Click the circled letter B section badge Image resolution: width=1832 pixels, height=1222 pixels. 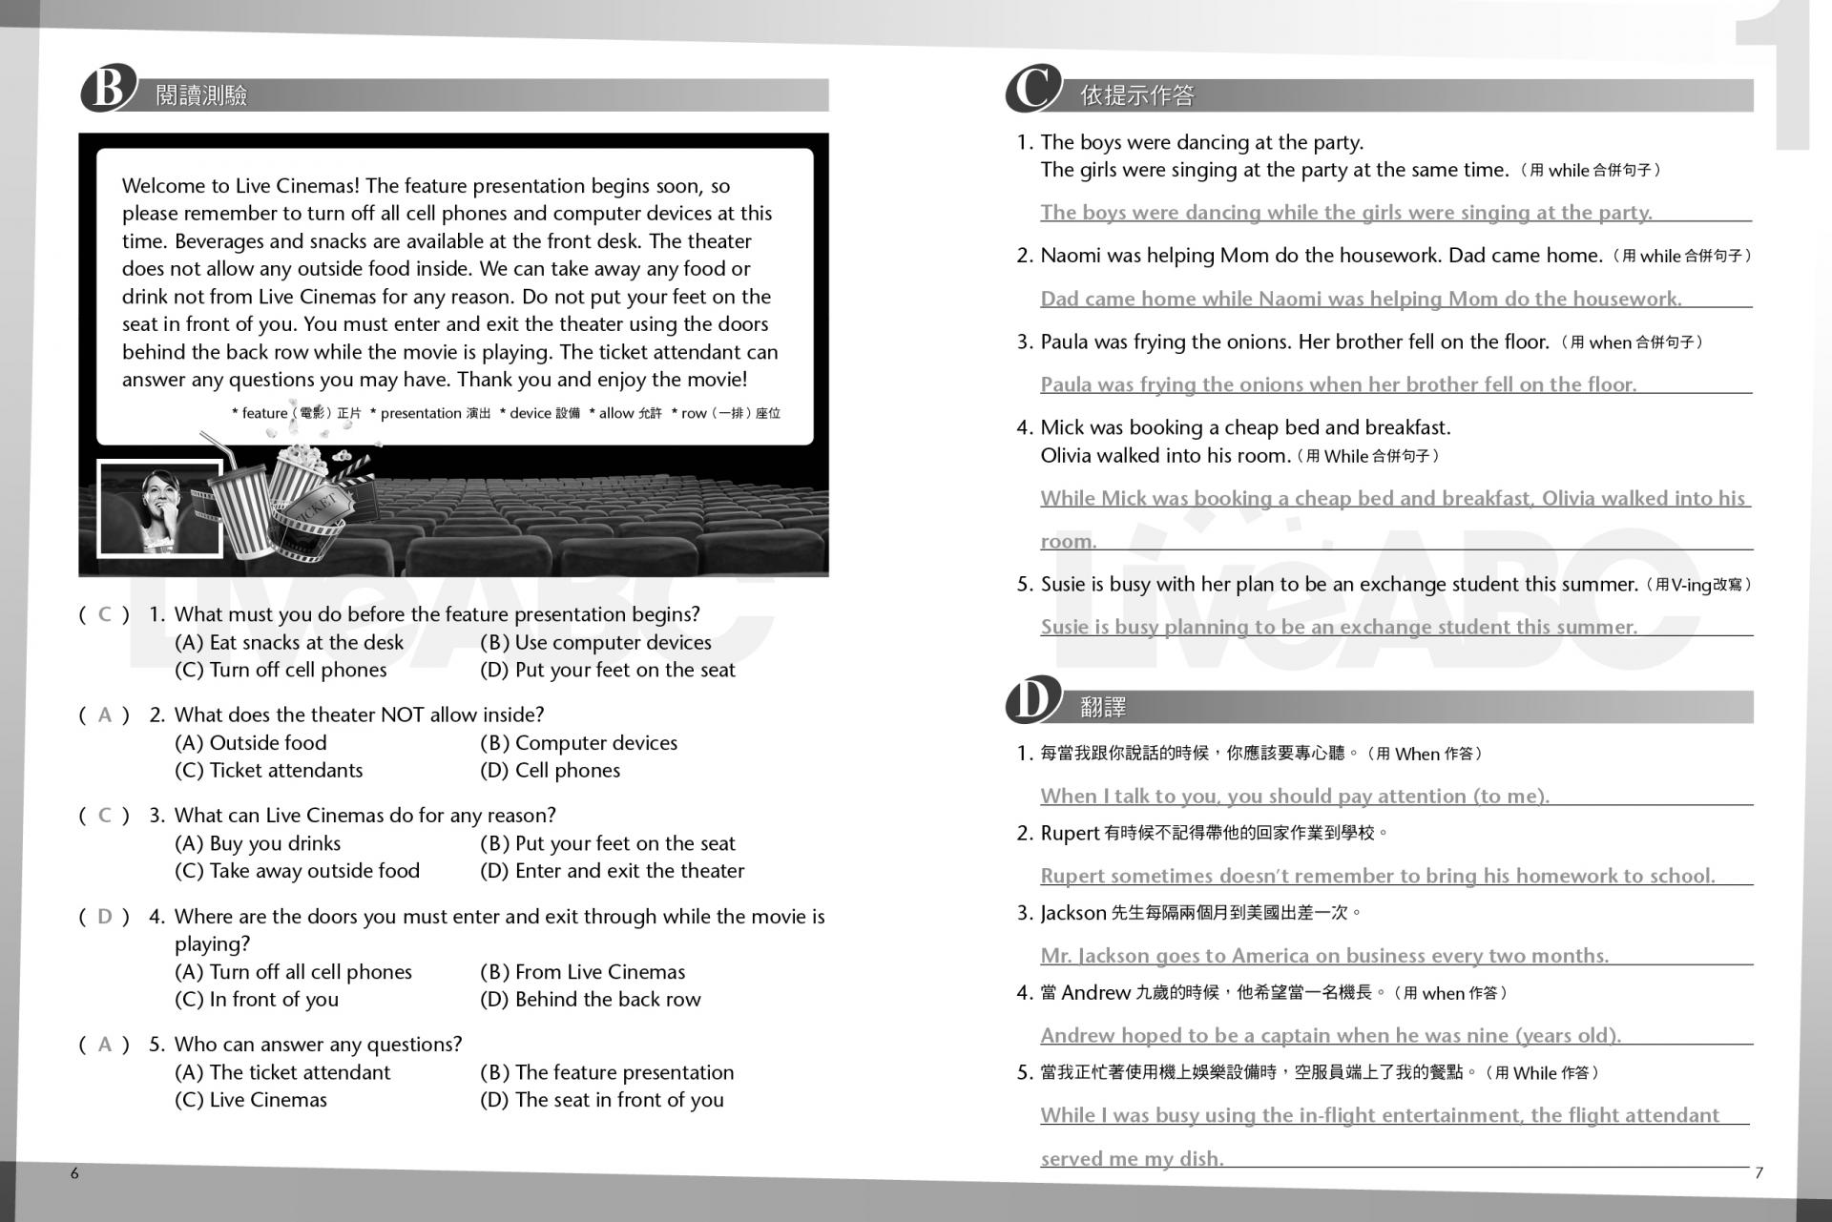pos(107,90)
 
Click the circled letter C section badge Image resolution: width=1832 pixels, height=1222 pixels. pos(1032,90)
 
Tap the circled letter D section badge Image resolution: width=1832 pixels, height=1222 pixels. pos(1032,701)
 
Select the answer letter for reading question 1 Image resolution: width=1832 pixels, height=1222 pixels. pos(105,614)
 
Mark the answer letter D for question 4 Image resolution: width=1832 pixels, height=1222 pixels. pos(105,917)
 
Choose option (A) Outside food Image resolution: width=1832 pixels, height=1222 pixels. pos(251,743)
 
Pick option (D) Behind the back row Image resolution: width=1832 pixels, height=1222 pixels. pos(590,1000)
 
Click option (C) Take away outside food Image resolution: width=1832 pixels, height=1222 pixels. pos(297,871)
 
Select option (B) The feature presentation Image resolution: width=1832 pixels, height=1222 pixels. pos(607,1072)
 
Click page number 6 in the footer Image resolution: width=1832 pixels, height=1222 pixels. pos(74,1173)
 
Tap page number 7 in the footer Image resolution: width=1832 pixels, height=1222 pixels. pos(1759,1173)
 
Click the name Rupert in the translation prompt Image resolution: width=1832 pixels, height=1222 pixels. pos(1070,834)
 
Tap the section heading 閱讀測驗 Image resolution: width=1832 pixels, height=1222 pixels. pos(201,95)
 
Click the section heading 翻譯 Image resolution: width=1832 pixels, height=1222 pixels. pos(1103,707)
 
